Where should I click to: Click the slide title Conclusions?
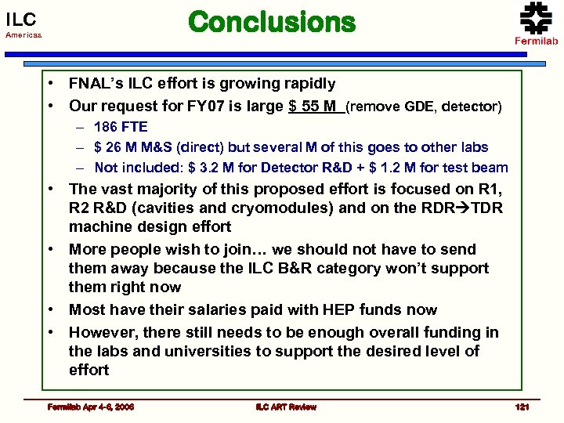point(272,23)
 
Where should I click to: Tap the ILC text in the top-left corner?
point(20,19)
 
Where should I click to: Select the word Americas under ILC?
point(23,36)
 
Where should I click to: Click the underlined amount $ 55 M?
point(316,105)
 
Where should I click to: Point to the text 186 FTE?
point(120,126)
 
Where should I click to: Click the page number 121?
point(522,407)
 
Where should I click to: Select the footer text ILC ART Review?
point(286,407)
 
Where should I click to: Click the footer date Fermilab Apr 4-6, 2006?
point(90,407)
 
